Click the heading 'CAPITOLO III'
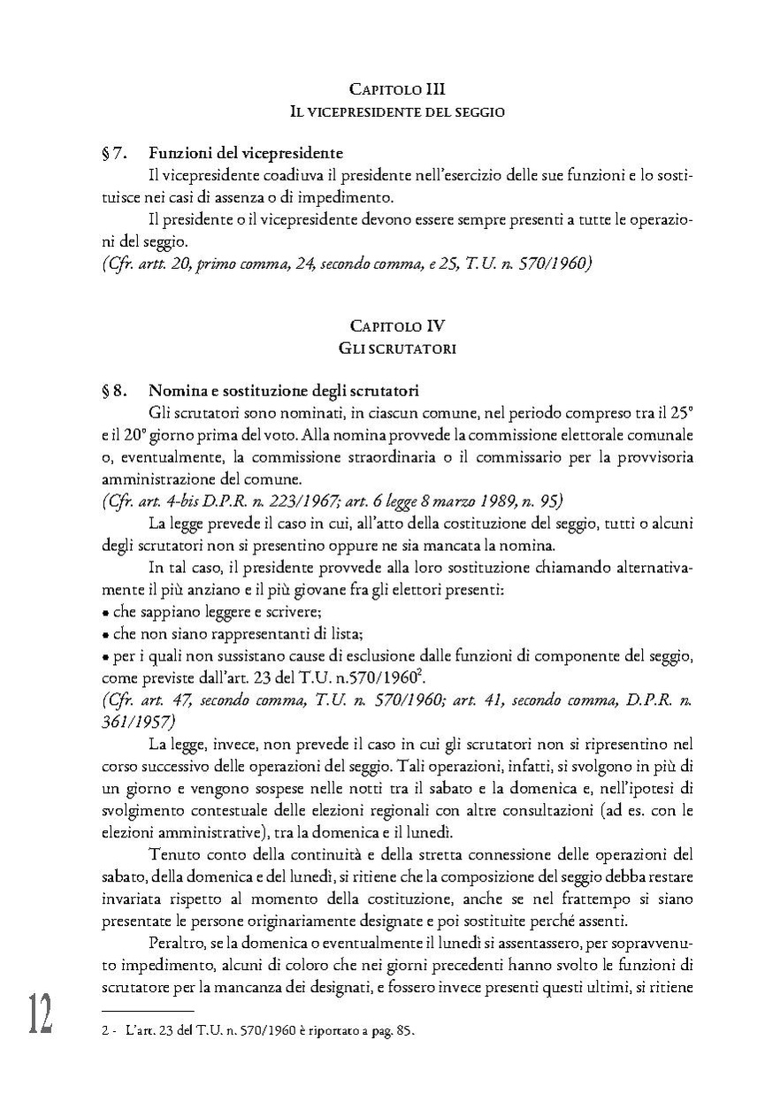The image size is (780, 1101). coord(397,89)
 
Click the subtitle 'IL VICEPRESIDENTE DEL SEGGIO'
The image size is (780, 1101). coord(397,112)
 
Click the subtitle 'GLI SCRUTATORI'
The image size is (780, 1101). coord(397,348)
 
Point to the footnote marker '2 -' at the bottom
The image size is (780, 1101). coord(110,1031)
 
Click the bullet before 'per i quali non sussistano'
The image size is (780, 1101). coord(105,656)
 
